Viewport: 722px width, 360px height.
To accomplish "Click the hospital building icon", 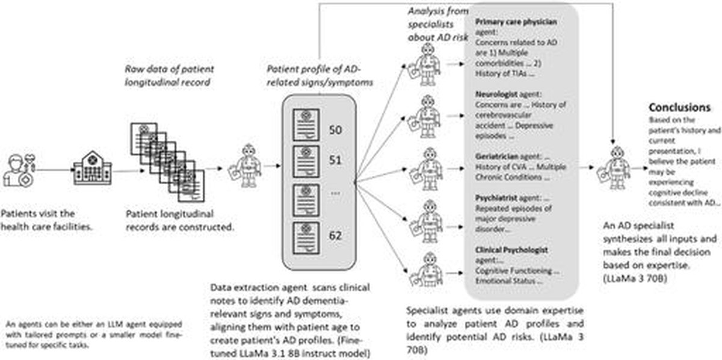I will [x=92, y=169].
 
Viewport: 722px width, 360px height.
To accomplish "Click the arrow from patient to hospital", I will [x=55, y=169].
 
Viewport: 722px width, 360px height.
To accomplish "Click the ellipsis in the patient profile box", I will [x=336, y=193].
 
